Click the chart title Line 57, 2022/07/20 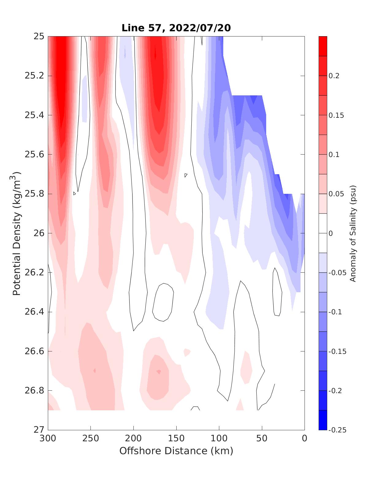(176, 28)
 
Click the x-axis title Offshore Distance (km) (176, 450)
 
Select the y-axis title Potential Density (17, 233)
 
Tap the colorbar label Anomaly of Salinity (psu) (353, 233)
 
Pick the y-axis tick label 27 (38, 430)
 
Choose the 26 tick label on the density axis (38, 233)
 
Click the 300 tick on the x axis (48, 439)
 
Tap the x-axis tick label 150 (176, 439)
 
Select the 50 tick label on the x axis (262, 439)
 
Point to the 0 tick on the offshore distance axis (305, 439)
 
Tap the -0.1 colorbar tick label (335, 312)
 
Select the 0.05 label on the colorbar (335, 194)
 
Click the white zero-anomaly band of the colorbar (323, 233)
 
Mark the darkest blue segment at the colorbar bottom (323, 420)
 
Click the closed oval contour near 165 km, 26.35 (163, 302)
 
